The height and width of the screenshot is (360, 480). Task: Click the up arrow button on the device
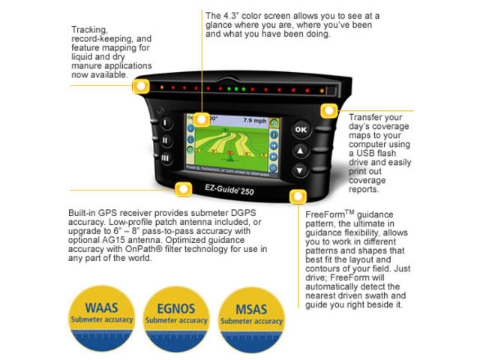(x=301, y=151)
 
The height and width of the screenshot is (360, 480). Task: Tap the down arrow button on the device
(x=301, y=170)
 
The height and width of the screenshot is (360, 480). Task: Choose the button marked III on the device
(x=166, y=158)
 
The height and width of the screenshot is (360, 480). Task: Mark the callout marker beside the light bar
(x=139, y=85)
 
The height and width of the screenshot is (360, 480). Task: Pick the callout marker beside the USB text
(x=327, y=112)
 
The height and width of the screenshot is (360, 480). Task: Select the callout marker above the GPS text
(x=181, y=189)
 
